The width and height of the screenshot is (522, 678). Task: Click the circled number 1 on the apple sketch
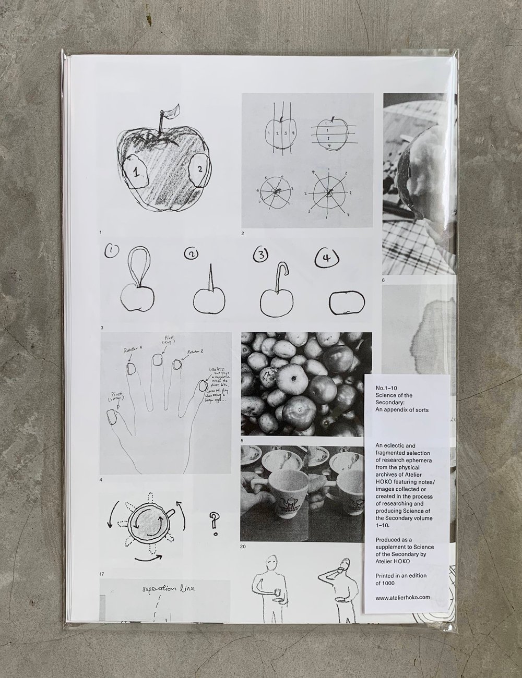tap(137, 176)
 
